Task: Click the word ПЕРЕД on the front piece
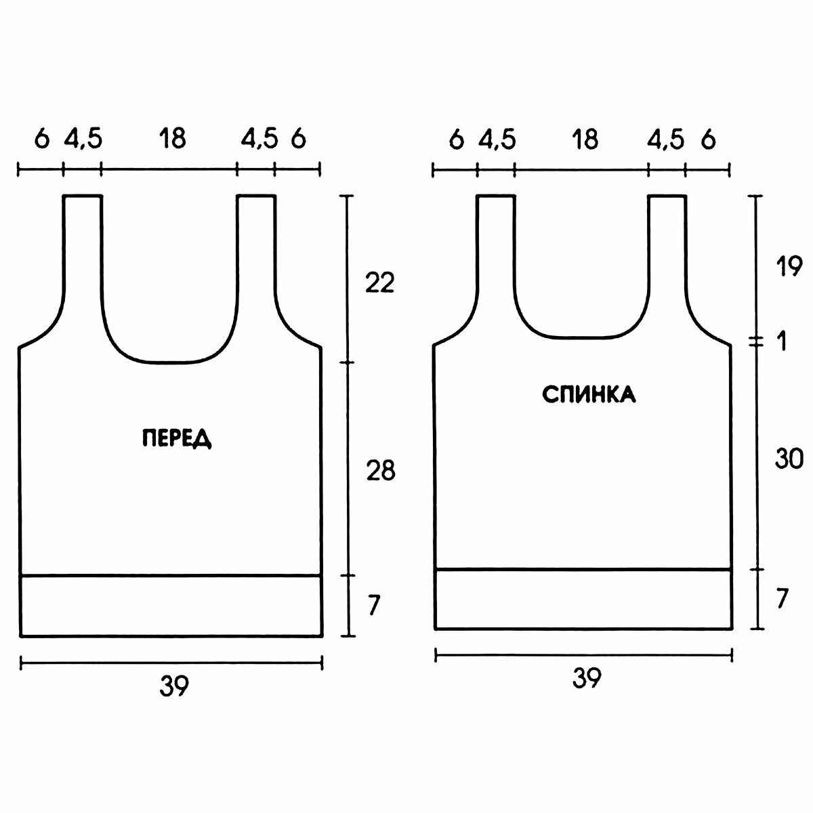pos(177,438)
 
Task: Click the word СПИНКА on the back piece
pos(589,395)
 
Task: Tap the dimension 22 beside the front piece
pos(379,283)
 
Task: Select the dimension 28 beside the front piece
pos(381,471)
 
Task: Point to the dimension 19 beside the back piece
pos(789,267)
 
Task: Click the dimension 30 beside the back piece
pos(789,459)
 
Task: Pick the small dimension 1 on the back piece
pos(783,341)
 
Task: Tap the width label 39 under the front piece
pos(174,686)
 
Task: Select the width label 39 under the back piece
pos(587,678)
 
